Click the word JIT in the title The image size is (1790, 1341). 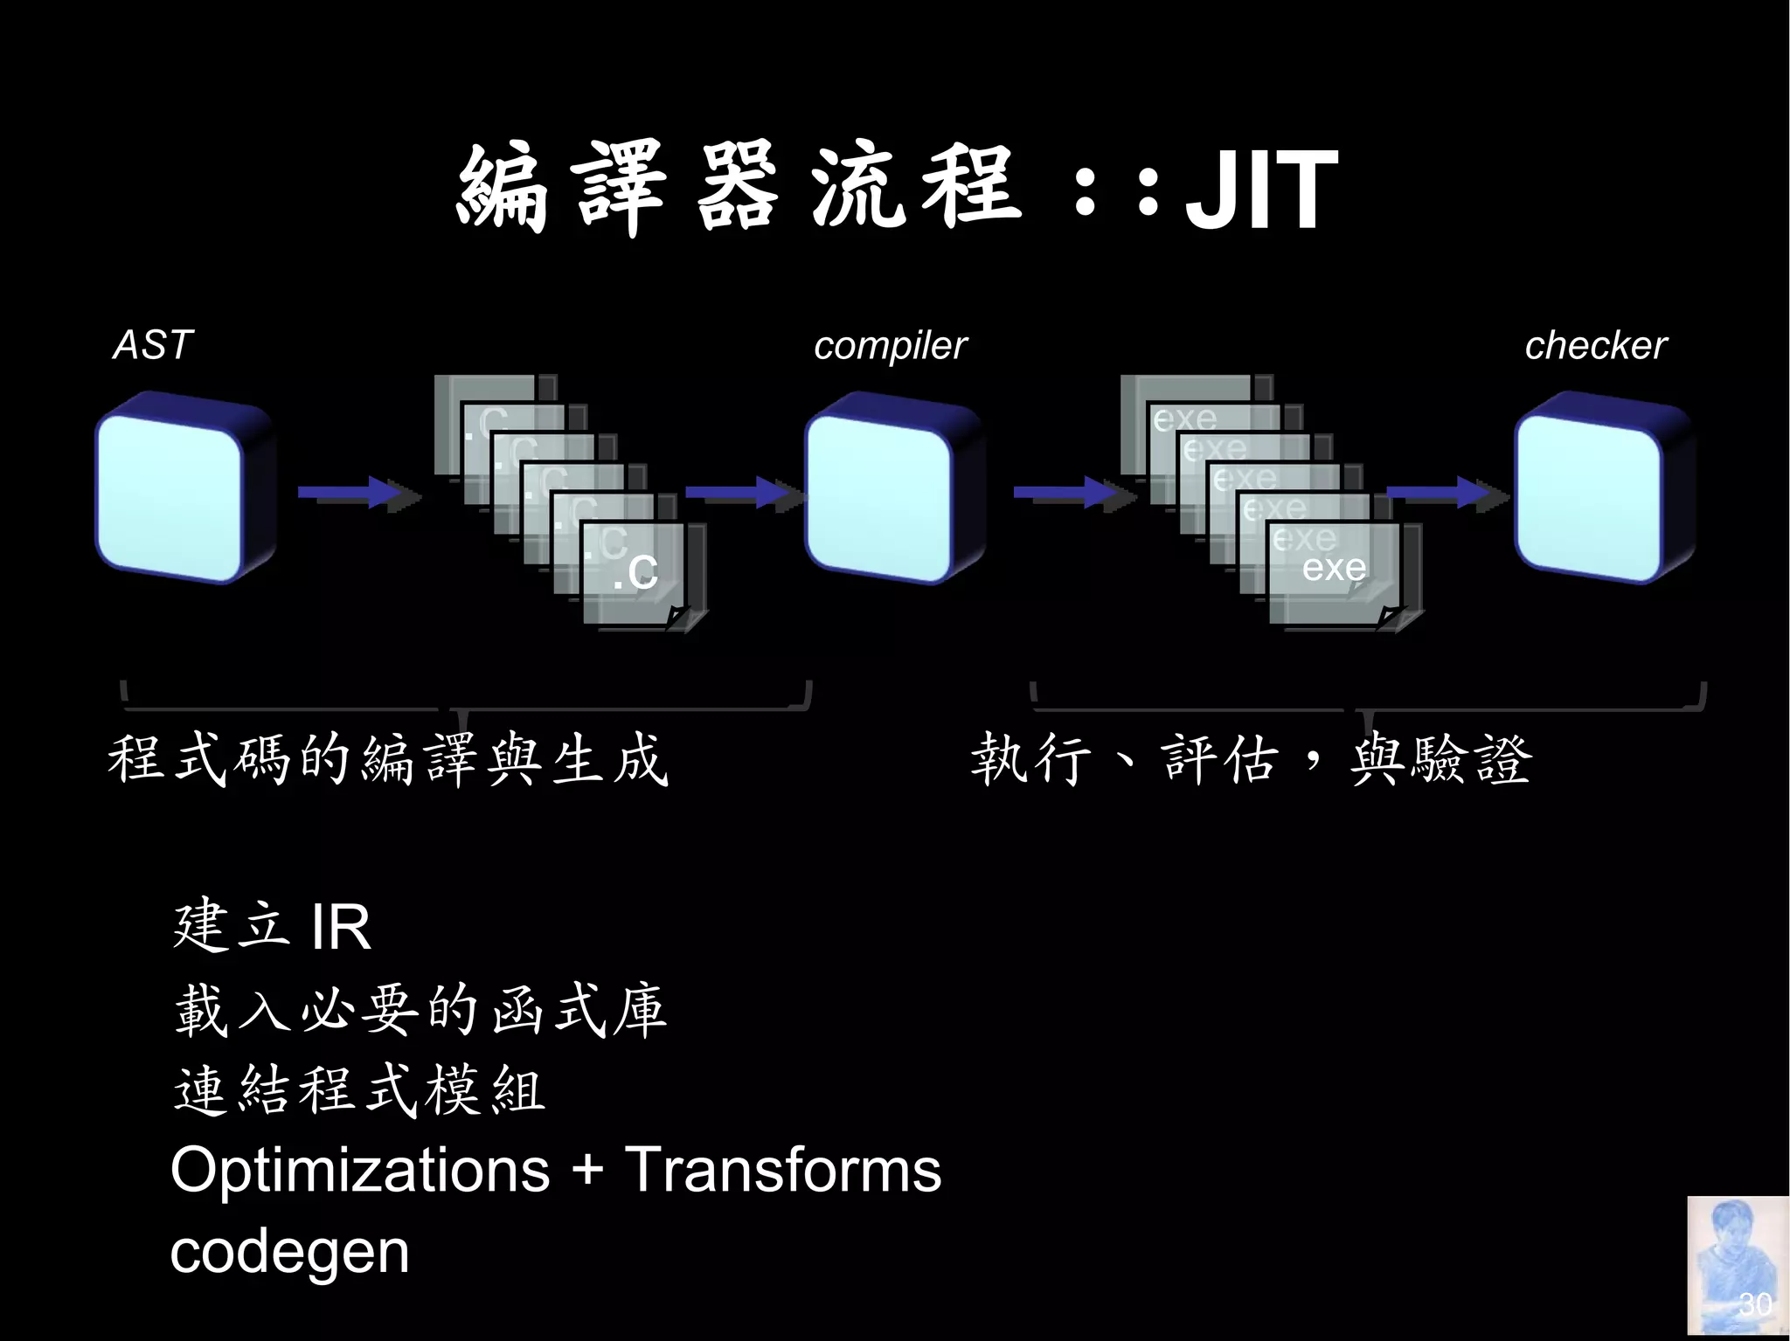click(1260, 190)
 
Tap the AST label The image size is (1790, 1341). click(153, 345)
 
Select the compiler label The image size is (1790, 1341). click(890, 346)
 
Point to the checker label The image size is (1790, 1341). click(1595, 346)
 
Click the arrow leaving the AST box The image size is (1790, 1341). click(355, 493)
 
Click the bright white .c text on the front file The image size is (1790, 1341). click(635, 571)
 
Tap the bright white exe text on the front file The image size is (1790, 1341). click(1334, 568)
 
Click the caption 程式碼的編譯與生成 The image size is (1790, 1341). click(387, 758)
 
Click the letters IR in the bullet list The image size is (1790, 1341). click(341, 928)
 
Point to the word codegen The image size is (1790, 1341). click(289, 1252)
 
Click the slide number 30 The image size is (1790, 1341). click(1754, 1304)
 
